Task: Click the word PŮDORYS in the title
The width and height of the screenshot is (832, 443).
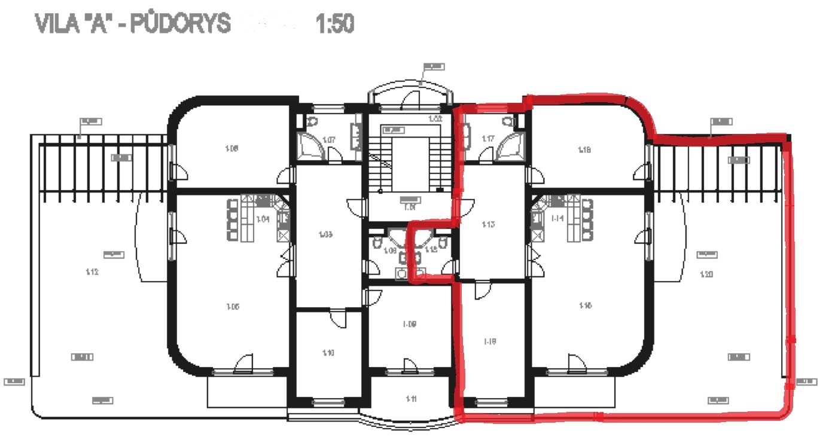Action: point(182,23)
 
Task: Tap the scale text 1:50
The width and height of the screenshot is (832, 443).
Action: point(334,23)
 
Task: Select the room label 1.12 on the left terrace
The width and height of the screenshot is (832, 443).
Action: point(92,272)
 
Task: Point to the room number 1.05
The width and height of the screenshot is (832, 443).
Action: point(233,307)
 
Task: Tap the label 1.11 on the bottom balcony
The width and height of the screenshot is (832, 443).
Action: point(411,399)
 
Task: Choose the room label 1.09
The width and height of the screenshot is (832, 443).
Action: point(410,324)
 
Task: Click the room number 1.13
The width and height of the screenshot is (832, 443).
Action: point(488,225)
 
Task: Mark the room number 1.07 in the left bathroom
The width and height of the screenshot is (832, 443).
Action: point(328,140)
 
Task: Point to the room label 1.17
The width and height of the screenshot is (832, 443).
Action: point(488,139)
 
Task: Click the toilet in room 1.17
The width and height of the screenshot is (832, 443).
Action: point(508,121)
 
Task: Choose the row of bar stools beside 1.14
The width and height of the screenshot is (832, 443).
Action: point(587,219)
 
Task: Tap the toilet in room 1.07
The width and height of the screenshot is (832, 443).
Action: point(312,121)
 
